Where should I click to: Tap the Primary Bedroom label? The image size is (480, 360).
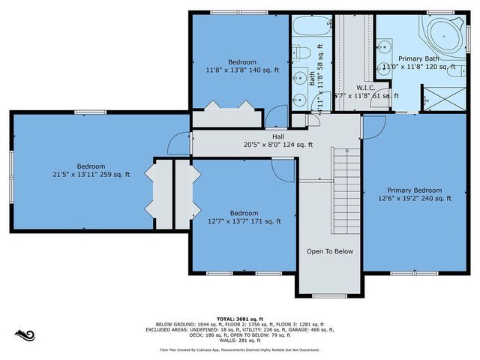[x=414, y=190]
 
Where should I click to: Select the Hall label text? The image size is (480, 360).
[x=277, y=136]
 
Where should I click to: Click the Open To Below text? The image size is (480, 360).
[x=329, y=251]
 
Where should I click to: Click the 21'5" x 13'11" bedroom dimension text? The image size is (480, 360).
[x=91, y=175]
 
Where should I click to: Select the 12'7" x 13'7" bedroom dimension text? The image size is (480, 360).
[x=244, y=221]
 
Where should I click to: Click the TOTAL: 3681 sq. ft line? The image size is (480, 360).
[x=240, y=318]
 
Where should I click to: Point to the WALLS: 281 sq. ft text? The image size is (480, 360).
[x=240, y=341]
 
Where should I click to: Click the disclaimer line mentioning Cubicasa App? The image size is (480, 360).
[x=240, y=349]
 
